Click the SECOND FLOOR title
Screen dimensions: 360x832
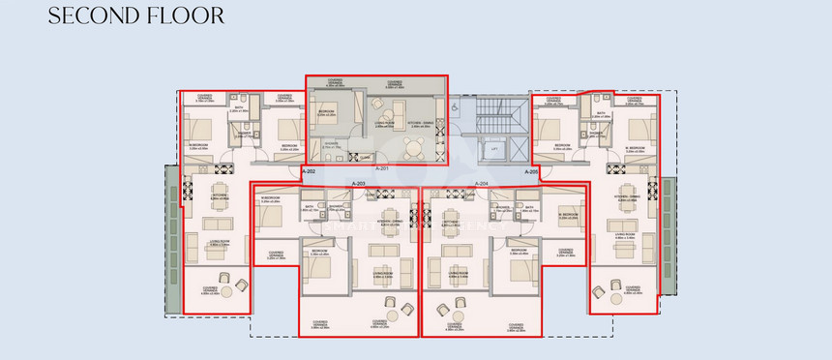(135, 15)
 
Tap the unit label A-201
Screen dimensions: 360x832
(358, 168)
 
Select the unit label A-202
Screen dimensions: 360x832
(310, 170)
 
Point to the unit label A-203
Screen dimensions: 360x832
(358, 183)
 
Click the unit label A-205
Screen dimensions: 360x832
(531, 171)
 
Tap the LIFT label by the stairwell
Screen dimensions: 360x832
(494, 148)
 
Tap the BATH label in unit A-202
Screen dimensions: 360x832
(239, 109)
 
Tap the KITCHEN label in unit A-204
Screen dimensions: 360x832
(451, 221)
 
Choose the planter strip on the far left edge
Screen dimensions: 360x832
(172, 237)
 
